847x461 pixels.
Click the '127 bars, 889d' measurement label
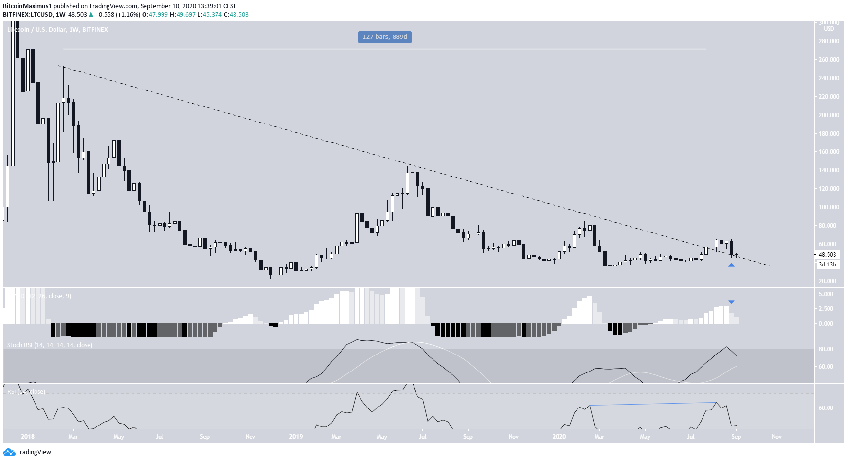click(x=384, y=37)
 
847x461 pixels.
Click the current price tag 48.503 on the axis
click(x=827, y=255)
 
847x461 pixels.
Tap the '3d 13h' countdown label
click(x=827, y=265)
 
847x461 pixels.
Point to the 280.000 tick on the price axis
click(x=829, y=41)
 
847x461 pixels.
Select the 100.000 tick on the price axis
click(x=829, y=207)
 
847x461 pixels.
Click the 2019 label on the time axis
click(x=296, y=437)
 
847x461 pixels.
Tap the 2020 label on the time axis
click(x=559, y=437)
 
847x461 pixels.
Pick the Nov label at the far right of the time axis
click(x=776, y=437)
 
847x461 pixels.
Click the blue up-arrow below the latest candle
click(x=731, y=265)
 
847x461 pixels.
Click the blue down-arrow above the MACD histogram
click(x=731, y=302)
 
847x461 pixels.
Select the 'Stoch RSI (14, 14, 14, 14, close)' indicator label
click(x=50, y=345)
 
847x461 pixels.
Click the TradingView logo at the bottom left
click(x=27, y=452)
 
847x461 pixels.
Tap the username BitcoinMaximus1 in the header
click(x=27, y=6)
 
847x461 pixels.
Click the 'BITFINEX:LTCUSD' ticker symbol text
click(x=27, y=15)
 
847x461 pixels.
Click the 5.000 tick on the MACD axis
click(x=826, y=294)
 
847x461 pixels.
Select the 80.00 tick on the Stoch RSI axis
click(x=826, y=349)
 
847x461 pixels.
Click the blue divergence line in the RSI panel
click(x=652, y=404)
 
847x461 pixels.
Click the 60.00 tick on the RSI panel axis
click(x=826, y=408)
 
